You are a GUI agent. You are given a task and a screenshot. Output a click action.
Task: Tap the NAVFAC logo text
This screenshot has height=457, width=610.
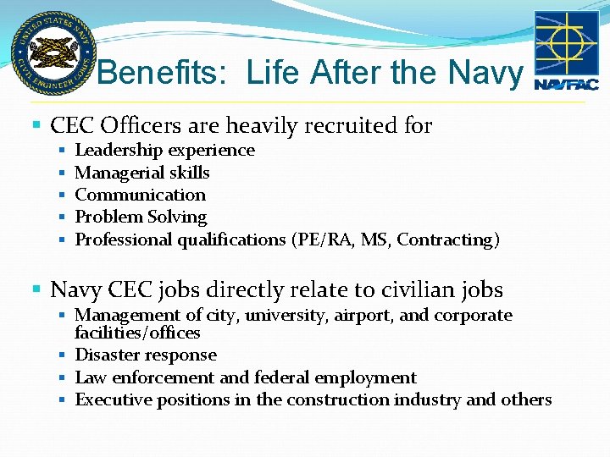(566, 84)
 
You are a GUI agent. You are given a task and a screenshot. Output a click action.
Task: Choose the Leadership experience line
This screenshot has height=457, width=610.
(164, 151)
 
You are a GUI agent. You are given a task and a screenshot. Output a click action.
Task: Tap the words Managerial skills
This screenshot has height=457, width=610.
(142, 173)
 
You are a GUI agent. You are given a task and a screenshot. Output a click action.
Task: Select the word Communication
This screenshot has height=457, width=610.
(141, 195)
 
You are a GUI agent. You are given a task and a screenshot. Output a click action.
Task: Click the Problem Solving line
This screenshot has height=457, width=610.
(141, 217)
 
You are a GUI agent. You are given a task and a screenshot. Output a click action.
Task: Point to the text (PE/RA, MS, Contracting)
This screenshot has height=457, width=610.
(395, 240)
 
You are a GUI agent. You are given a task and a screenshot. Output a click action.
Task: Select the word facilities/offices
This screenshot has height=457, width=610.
(137, 333)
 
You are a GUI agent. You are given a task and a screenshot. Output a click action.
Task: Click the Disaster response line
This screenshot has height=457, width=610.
(146, 355)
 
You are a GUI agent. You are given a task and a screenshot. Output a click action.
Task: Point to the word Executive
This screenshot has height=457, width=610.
(111, 399)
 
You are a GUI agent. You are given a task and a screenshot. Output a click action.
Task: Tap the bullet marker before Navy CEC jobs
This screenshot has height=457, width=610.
(35, 290)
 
